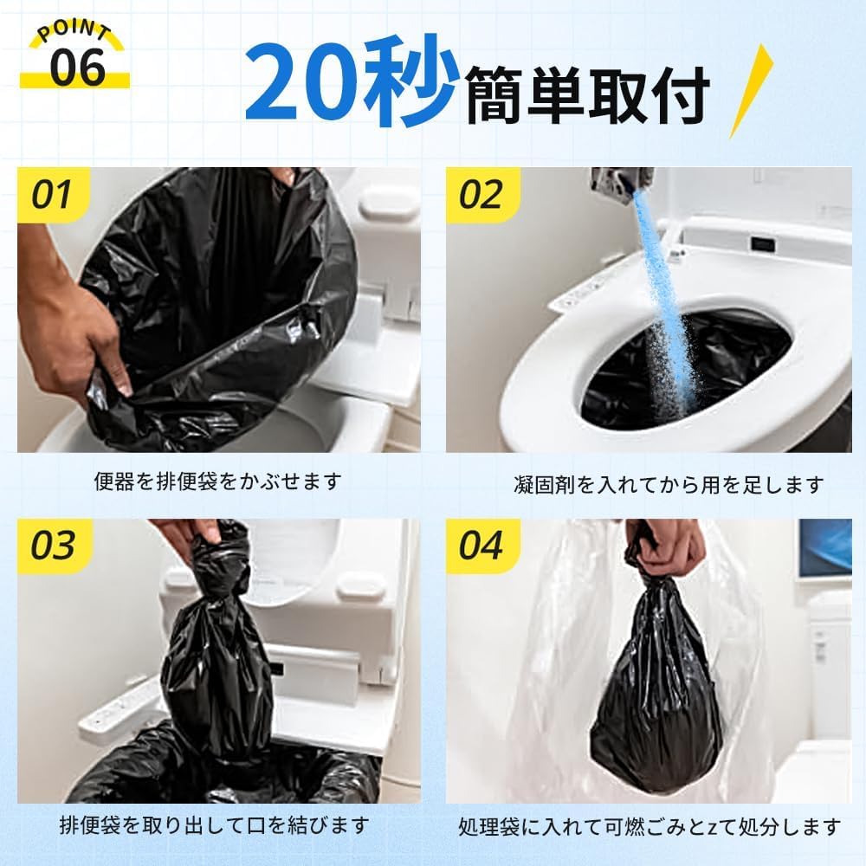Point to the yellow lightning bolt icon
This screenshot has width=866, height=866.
tap(751, 91)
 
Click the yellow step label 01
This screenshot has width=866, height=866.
tap(52, 195)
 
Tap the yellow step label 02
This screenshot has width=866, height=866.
tap(481, 195)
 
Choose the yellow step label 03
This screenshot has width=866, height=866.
tap(52, 546)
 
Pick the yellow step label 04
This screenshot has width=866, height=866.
tap(481, 546)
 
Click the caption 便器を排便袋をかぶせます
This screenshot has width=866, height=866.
tap(217, 481)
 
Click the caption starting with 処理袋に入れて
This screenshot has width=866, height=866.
tap(649, 826)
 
